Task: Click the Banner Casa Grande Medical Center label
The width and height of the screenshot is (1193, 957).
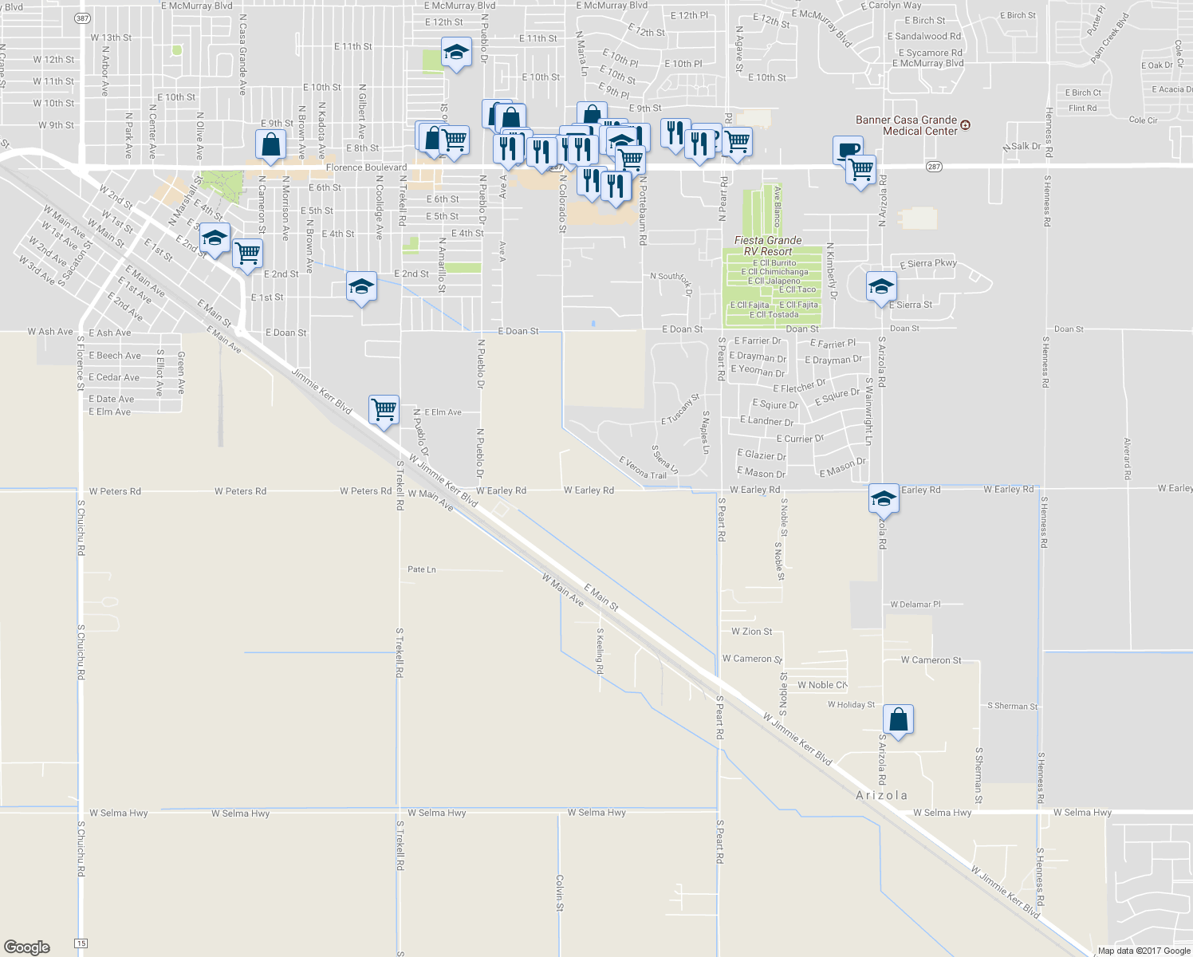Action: pyautogui.click(x=906, y=125)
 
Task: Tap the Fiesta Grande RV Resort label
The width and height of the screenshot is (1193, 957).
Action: pyautogui.click(x=768, y=246)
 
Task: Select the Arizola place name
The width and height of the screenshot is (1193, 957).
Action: pyautogui.click(x=881, y=795)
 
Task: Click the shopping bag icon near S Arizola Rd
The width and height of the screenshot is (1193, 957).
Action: pyautogui.click(x=898, y=720)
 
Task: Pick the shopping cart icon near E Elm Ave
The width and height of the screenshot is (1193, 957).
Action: pyautogui.click(x=384, y=410)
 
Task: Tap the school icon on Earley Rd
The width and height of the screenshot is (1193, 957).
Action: pyautogui.click(x=883, y=499)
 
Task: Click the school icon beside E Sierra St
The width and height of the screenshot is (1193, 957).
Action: pyautogui.click(x=881, y=286)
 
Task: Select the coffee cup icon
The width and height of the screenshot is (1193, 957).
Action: pyautogui.click(x=848, y=149)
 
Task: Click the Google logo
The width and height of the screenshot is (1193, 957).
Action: pyautogui.click(x=26, y=947)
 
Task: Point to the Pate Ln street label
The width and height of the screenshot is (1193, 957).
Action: pyautogui.click(x=422, y=569)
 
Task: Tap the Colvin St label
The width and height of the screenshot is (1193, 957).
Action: pyautogui.click(x=560, y=893)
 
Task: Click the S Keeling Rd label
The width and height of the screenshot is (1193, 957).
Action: pyautogui.click(x=600, y=650)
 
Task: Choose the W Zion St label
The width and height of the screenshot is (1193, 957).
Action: pyautogui.click(x=752, y=632)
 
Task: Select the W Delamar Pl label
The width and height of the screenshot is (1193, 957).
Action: pyautogui.click(x=915, y=605)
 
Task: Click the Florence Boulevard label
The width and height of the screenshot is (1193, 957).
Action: pyautogui.click(x=366, y=167)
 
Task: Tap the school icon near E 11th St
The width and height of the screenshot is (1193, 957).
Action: pyautogui.click(x=455, y=53)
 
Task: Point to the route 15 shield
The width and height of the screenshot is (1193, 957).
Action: pyautogui.click(x=81, y=943)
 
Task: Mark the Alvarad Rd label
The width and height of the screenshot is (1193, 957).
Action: pyautogui.click(x=1128, y=459)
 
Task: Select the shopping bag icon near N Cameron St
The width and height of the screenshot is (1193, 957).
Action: pyautogui.click(x=270, y=145)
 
